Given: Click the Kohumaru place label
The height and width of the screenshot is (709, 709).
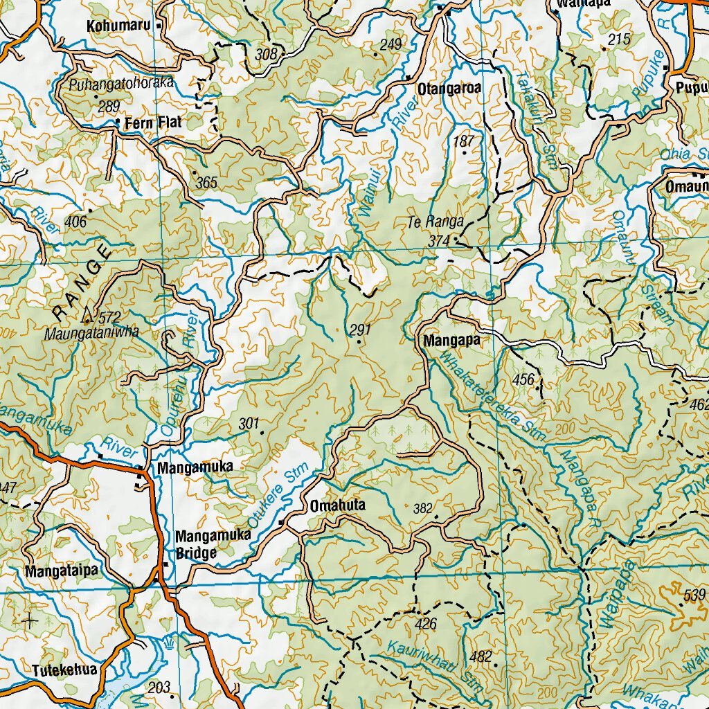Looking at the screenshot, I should tap(118, 26).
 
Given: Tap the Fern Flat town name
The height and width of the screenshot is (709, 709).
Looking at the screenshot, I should tap(153, 123).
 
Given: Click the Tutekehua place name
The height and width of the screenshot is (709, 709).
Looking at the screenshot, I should tap(64, 670).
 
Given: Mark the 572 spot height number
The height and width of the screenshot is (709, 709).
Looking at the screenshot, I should tap(109, 317).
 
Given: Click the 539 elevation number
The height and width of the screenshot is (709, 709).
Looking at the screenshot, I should tap(696, 594).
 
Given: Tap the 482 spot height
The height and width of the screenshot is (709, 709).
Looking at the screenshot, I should tap(481, 656).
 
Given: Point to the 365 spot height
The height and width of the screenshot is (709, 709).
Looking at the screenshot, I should tap(206, 183).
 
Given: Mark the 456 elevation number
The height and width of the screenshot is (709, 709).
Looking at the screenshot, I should tap(523, 379).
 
